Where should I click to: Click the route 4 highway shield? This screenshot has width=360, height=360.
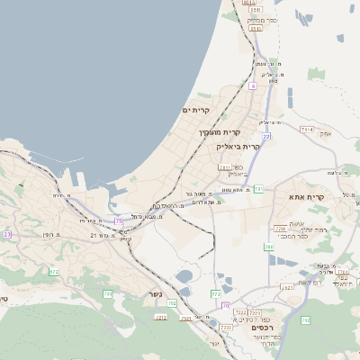click(x=254, y=86)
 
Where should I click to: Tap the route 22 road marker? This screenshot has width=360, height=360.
click(x=266, y=136)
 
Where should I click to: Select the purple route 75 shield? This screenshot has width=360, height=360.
click(x=120, y=220)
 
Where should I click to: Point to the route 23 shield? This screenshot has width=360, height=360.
click(x=7, y=234)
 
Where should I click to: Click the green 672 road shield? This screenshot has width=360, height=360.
click(x=54, y=271)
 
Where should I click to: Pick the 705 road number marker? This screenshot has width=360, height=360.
click(x=108, y=294)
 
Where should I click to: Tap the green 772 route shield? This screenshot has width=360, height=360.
click(x=216, y=293)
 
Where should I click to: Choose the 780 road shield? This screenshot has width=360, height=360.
click(x=268, y=246)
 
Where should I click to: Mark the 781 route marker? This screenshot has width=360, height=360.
click(x=258, y=189)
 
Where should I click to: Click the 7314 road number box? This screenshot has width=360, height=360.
click(x=307, y=130)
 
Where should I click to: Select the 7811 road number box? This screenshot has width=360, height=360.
click(x=225, y=167)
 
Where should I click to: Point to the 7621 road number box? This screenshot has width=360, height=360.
click(x=287, y=287)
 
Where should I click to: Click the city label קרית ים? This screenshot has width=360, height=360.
click(x=195, y=110)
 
